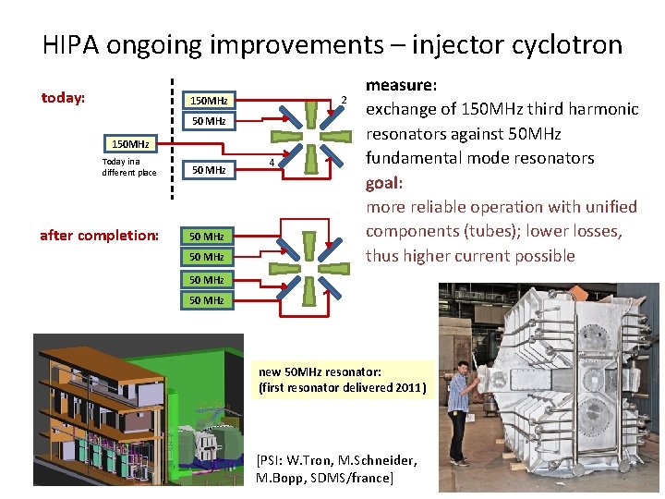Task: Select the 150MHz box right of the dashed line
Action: (x=208, y=100)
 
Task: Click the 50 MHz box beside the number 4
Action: (x=208, y=169)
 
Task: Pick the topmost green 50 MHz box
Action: (x=207, y=237)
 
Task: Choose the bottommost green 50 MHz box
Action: (x=207, y=300)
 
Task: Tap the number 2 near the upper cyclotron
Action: (x=344, y=100)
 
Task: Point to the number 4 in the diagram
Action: (x=271, y=164)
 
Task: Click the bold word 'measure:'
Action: (x=401, y=85)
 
